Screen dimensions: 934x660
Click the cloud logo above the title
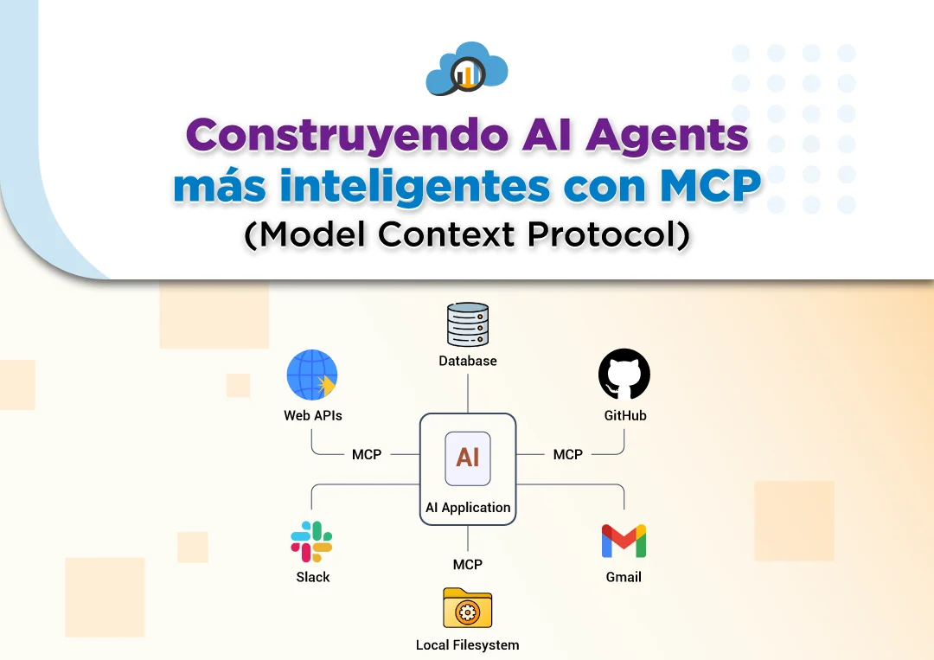(x=467, y=68)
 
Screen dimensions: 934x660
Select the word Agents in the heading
(x=667, y=137)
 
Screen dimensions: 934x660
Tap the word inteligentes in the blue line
(x=414, y=187)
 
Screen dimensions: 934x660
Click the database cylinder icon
(x=468, y=324)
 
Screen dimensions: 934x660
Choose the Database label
(x=468, y=361)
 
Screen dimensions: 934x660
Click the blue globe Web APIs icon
(x=312, y=375)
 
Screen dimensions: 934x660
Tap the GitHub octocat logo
(x=624, y=374)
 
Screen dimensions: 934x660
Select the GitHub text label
(x=625, y=416)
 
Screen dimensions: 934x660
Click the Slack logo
(x=311, y=541)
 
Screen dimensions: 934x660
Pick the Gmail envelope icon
(x=624, y=541)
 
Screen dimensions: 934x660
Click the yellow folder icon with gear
(x=468, y=608)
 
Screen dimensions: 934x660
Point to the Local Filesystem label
(x=468, y=645)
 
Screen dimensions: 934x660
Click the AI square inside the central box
(x=468, y=458)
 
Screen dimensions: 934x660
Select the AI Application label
(x=468, y=508)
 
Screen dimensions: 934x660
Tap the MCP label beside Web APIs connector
(x=367, y=454)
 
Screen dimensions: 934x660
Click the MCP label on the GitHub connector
(x=567, y=454)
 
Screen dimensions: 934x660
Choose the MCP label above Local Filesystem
(x=468, y=565)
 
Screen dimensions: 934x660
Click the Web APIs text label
(x=313, y=416)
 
